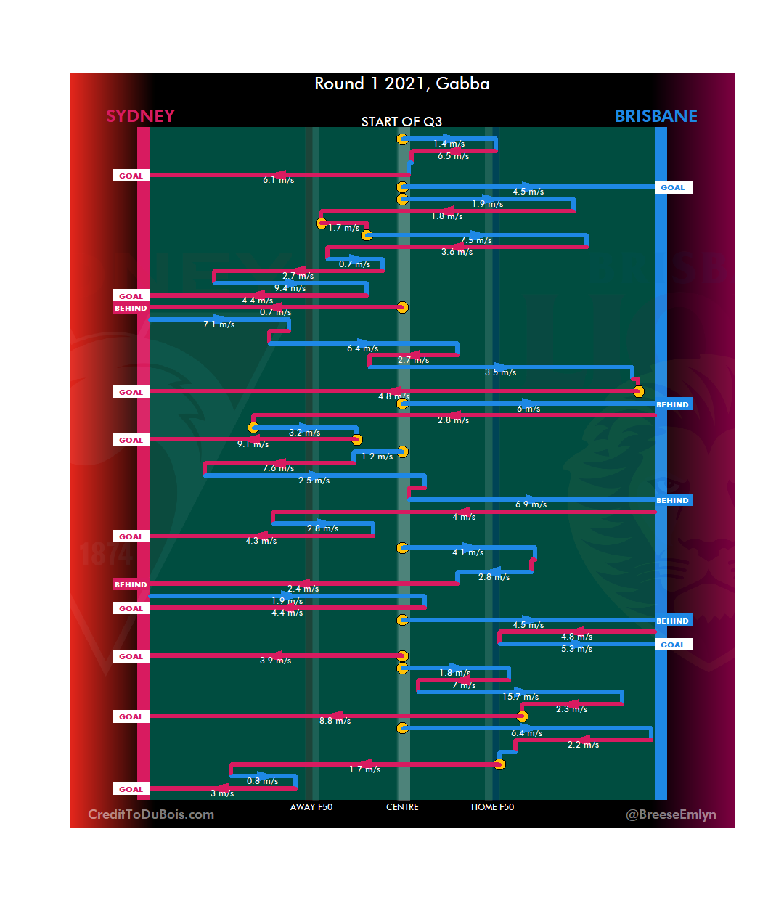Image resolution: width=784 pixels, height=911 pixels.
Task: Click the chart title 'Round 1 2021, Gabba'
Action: click(401, 84)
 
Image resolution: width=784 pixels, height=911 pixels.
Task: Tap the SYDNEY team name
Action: click(140, 116)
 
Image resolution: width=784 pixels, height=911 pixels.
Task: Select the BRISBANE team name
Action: click(656, 116)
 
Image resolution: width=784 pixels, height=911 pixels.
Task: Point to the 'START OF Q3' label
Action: click(401, 121)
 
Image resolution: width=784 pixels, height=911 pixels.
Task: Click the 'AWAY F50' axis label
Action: click(311, 807)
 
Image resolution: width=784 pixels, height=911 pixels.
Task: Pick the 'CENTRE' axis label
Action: click(402, 807)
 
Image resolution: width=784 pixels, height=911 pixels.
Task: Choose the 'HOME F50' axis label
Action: click(492, 807)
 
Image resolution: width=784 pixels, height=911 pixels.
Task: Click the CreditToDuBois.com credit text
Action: click(151, 814)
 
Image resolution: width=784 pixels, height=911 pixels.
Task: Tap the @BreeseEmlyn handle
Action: click(671, 814)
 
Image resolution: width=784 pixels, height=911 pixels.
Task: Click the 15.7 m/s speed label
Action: click(520, 697)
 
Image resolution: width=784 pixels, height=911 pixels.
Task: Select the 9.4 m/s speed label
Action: click(290, 288)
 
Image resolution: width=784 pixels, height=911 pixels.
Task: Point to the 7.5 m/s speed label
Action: click(475, 240)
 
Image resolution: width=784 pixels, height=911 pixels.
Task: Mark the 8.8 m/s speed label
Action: click(335, 721)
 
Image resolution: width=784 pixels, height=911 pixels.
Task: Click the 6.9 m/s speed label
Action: click(531, 504)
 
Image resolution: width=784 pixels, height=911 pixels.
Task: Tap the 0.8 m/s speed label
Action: click(262, 781)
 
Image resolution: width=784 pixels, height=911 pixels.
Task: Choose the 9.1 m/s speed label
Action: click(253, 444)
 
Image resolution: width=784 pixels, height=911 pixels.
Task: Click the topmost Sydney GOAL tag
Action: click(131, 176)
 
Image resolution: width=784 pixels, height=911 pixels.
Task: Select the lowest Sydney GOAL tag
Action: click(131, 789)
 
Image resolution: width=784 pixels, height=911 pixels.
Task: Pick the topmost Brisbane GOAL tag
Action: click(672, 187)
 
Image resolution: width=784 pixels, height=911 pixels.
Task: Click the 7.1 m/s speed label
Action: click(219, 324)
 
